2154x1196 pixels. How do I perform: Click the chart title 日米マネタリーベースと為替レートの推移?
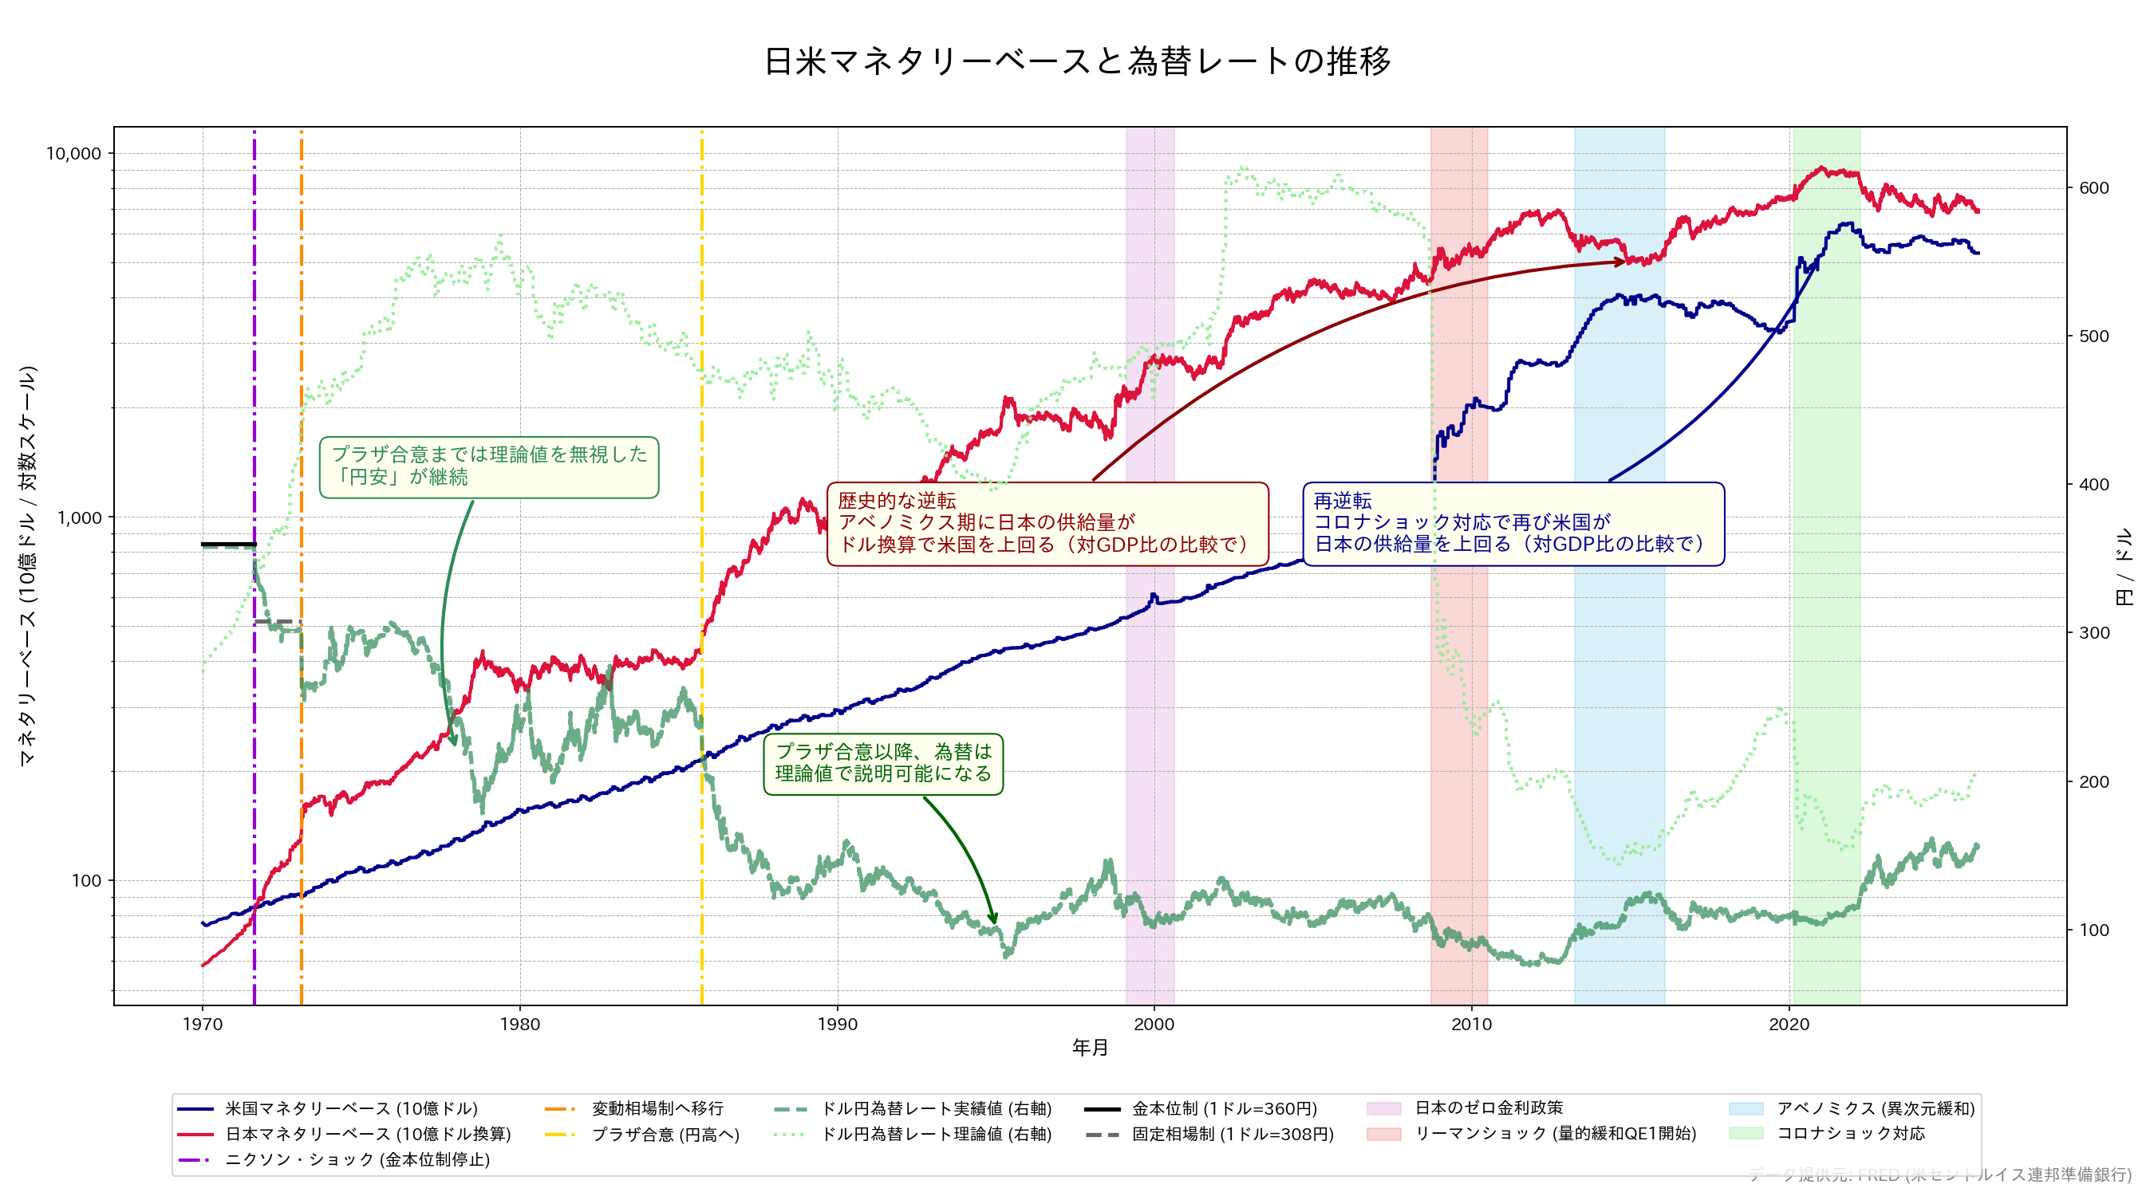pos(1077,61)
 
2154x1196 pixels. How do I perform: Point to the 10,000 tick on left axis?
pos(73,154)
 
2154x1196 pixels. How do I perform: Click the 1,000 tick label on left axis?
pos(79,517)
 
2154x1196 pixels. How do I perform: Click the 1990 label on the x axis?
pos(837,1024)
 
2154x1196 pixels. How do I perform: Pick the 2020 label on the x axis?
pos(1789,1024)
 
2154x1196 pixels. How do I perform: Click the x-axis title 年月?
pos(1090,1047)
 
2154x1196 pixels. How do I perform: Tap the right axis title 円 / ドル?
pos(2123,566)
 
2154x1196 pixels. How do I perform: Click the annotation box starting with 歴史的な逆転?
pos(1047,523)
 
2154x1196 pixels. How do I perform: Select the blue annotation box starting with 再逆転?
pos(1513,523)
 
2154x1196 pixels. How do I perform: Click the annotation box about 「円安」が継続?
pos(488,466)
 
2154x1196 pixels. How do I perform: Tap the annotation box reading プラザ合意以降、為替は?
pos(883,763)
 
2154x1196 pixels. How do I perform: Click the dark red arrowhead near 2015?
pos(1621,262)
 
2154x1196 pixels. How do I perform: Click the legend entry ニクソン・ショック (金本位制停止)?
pos(357,1159)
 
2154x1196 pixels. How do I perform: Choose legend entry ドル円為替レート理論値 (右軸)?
pos(936,1134)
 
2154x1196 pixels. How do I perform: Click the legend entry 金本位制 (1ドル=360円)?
pos(1223,1108)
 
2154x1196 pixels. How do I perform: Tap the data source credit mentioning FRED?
pos(1940,1174)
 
